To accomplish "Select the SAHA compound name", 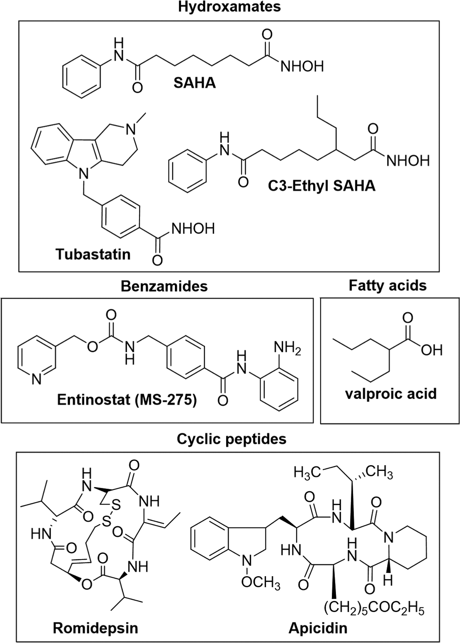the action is click(x=195, y=83).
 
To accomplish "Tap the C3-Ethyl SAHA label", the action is click(x=322, y=186).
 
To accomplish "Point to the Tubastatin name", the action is click(x=93, y=254).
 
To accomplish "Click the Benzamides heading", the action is click(x=164, y=286).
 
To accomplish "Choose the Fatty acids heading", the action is click(x=388, y=286).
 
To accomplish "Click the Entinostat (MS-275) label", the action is click(x=127, y=400).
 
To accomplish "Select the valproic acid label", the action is click(x=391, y=394).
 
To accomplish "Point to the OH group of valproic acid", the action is click(x=432, y=350).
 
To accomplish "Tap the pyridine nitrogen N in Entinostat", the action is click(x=37, y=380).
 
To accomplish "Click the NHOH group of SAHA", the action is click(x=302, y=66).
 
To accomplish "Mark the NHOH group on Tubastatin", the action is click(x=193, y=229).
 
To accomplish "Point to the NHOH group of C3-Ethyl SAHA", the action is click(x=408, y=161).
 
